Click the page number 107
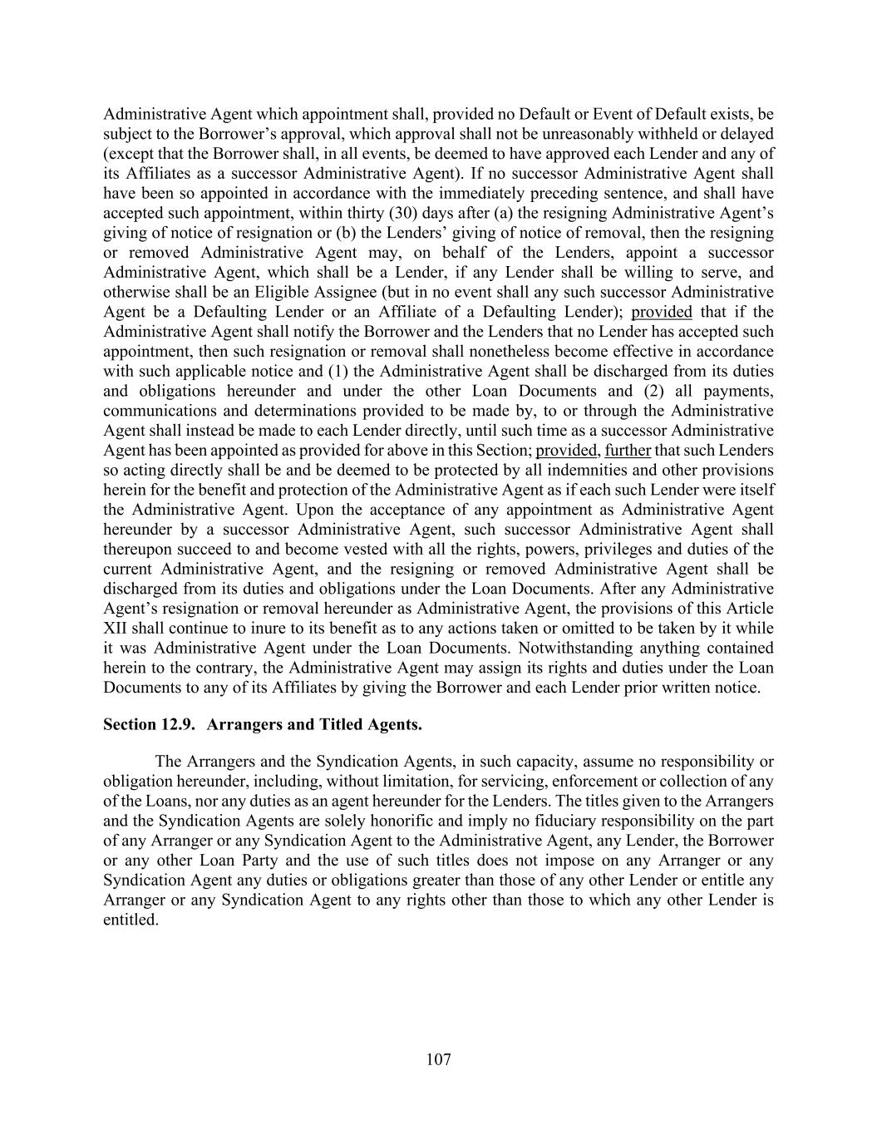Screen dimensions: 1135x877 (x=438, y=1059)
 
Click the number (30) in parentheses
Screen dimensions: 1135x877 (x=402, y=213)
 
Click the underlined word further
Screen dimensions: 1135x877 (x=628, y=451)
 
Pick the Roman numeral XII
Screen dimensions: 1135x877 (x=117, y=629)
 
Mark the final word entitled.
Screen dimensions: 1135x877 (x=130, y=920)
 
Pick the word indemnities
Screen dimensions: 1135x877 (x=513, y=470)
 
